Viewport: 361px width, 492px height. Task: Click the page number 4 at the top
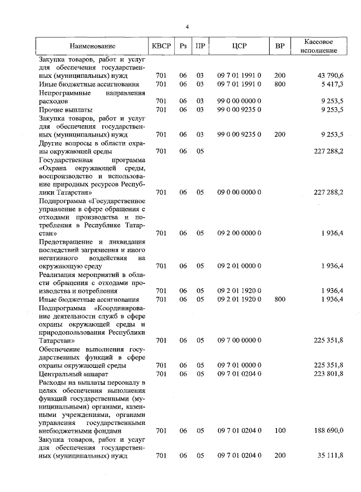187,27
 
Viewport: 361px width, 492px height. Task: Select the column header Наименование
93,46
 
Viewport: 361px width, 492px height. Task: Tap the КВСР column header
160,46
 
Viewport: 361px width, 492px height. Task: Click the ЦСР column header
239,46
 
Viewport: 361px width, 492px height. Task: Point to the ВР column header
280,46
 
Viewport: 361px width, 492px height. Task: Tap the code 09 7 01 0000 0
239,366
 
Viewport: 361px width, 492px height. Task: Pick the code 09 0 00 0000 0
239,192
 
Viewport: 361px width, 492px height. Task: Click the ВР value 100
280,430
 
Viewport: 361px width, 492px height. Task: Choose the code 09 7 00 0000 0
239,340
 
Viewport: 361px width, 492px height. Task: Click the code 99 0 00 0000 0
239,101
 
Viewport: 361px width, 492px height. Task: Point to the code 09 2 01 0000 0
239,266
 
